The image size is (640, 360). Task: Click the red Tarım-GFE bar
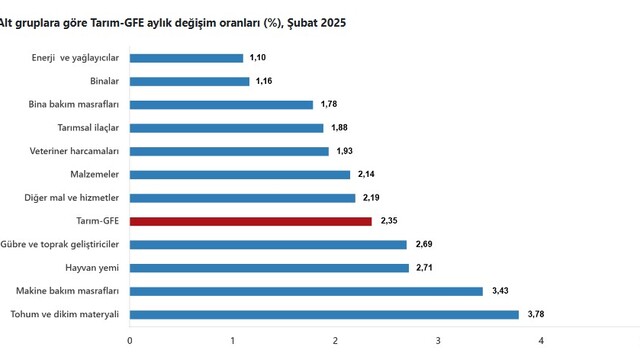click(251, 221)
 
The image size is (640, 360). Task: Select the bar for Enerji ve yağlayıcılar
click(187, 58)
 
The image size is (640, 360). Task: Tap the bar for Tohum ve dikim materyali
click(324, 315)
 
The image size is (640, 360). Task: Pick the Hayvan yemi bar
click(269, 268)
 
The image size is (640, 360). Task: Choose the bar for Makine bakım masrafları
click(306, 291)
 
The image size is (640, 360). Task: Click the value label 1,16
click(264, 81)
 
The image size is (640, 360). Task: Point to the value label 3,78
click(536, 314)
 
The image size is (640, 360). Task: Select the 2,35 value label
click(389, 221)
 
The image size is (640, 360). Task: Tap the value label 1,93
click(344, 151)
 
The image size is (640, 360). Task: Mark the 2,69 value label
click(424, 244)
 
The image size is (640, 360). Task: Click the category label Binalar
click(104, 81)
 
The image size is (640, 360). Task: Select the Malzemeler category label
click(95, 174)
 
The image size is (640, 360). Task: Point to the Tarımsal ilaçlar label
click(88, 128)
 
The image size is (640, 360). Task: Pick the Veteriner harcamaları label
click(74, 151)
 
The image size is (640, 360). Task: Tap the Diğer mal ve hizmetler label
click(71, 198)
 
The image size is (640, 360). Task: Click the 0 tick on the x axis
click(130, 341)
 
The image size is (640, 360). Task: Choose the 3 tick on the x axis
click(438, 341)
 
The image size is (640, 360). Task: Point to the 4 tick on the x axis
click(541, 341)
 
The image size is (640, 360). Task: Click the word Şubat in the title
click(302, 23)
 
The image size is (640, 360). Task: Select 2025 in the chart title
click(333, 23)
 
